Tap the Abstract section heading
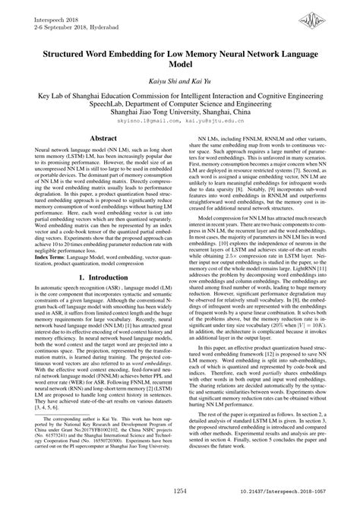[x=100, y=140]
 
